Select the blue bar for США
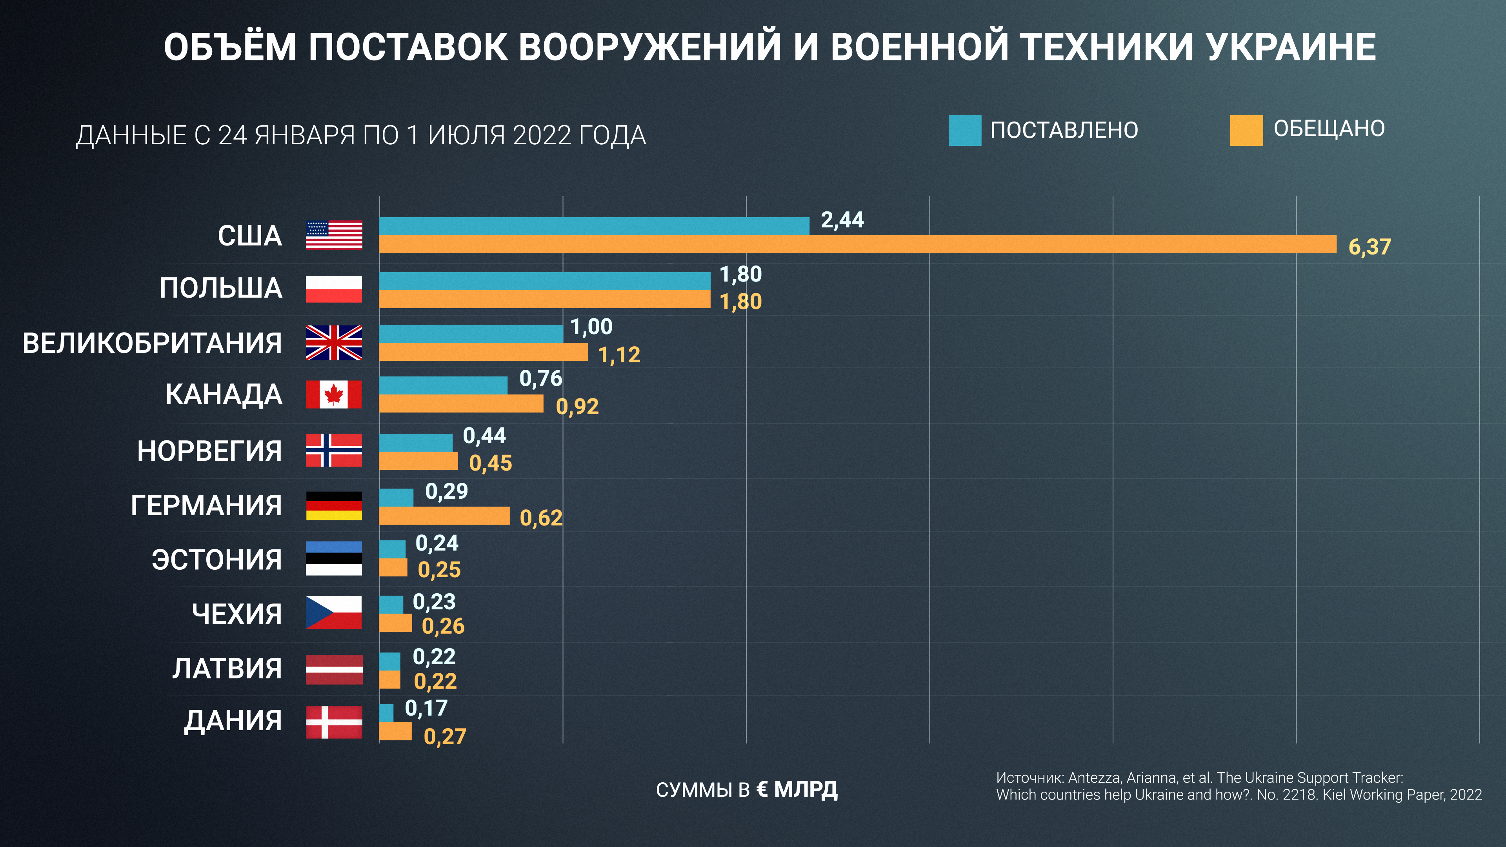[594, 226]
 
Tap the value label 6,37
[1369, 247]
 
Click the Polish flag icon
[334, 289]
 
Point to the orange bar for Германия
[444, 516]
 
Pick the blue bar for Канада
[443, 385]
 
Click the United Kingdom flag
[334, 343]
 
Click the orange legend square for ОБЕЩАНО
[1246, 130]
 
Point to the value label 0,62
[541, 518]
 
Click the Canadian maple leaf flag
[334, 394]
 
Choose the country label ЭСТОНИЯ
[216, 560]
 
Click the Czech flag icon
[334, 613]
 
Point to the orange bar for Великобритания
[484, 352]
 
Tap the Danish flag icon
[334, 722]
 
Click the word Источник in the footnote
[1029, 778]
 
